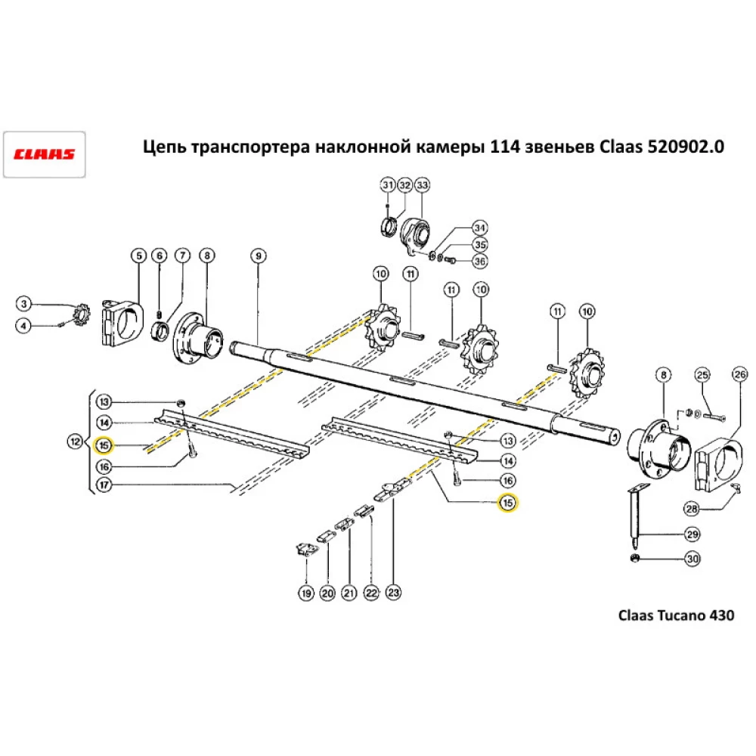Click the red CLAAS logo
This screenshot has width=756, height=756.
44,154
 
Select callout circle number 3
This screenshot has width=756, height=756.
24,304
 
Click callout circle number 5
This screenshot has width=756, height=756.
138,256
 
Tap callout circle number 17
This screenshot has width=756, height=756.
104,488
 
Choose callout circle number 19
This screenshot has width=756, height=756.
305,594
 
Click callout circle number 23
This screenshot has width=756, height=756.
393,594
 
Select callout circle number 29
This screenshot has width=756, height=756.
692,534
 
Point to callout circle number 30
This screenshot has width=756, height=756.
692,559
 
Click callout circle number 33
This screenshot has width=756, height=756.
421,185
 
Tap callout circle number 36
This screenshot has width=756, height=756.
479,262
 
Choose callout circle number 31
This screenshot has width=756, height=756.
387,185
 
